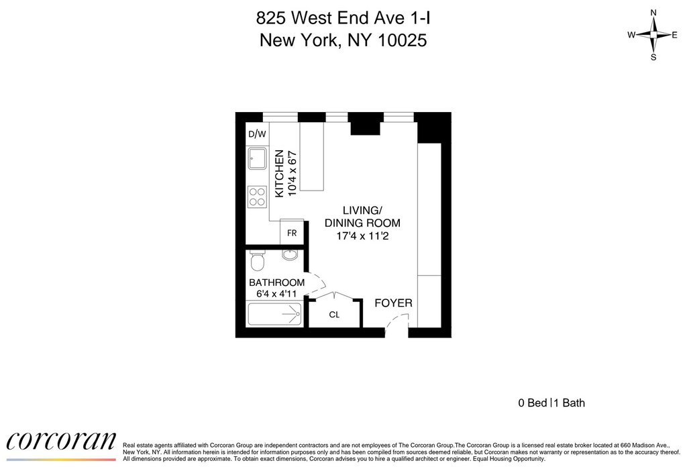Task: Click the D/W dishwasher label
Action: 257,134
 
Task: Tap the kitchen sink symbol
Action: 257,158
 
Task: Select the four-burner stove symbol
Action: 257,197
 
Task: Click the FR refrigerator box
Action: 292,233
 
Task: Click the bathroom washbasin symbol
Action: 289,254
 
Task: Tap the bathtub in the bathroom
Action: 274,314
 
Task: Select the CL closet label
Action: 334,315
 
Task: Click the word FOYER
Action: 393,303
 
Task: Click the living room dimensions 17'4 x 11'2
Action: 362,236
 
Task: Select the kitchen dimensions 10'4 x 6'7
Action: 293,174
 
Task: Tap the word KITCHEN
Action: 279,174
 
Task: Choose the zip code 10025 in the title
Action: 402,41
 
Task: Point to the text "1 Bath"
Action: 570,403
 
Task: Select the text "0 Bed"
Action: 532,403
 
